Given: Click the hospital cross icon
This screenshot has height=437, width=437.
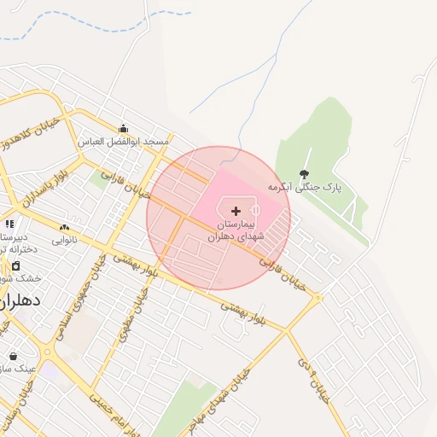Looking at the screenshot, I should point(236,210).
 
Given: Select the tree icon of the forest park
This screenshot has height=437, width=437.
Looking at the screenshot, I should point(305,174).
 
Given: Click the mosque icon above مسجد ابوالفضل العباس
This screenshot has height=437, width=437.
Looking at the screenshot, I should point(124,128).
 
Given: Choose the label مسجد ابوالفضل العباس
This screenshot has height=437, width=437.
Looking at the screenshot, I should point(125,141).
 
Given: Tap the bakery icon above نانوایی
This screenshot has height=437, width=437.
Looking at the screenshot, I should point(64,227).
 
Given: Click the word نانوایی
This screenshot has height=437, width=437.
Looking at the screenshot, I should point(65,240).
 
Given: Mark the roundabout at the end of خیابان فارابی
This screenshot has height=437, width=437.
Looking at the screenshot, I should point(318,298).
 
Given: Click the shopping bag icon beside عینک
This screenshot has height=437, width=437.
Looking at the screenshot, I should point(12,356).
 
